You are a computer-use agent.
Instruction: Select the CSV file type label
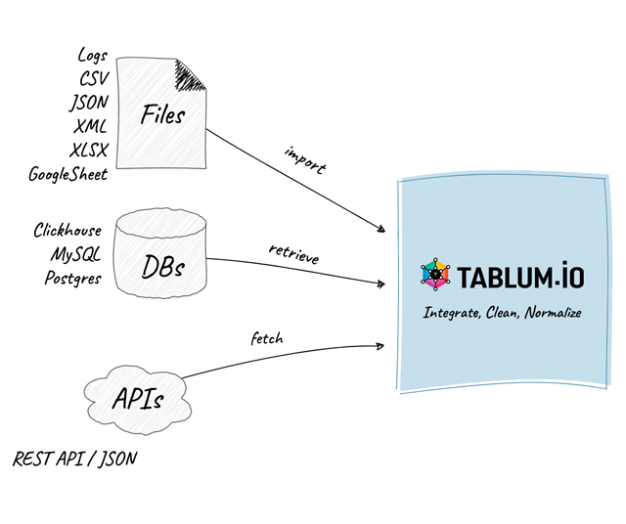click(93, 79)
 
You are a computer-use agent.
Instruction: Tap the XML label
click(90, 127)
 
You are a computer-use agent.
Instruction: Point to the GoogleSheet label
click(68, 175)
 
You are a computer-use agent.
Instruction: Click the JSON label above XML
click(89, 103)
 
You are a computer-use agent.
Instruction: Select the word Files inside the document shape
click(162, 115)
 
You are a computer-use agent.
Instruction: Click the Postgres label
click(72, 278)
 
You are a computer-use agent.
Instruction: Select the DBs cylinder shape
click(161, 256)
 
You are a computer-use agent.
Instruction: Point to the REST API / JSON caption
click(74, 458)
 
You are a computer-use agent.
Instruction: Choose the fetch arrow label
click(266, 339)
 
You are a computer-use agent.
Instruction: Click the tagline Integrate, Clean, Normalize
click(503, 314)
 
